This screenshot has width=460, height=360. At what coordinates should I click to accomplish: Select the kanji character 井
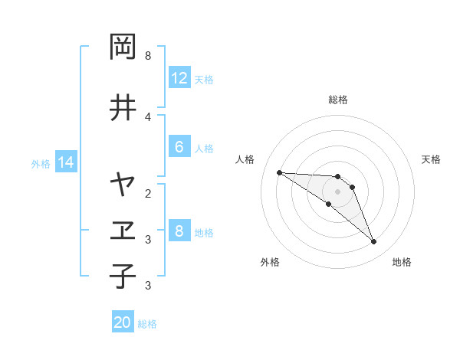click(x=123, y=107)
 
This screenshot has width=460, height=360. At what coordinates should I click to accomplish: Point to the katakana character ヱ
click(x=123, y=230)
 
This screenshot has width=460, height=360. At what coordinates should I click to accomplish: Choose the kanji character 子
click(x=123, y=277)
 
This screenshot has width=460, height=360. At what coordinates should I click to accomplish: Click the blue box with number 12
click(x=179, y=78)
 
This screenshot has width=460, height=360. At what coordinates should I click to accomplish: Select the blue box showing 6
click(x=179, y=148)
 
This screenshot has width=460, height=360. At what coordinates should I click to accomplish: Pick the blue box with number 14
click(x=65, y=162)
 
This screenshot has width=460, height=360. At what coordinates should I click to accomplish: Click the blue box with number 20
click(x=123, y=323)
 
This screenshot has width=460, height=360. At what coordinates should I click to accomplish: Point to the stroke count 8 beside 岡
click(x=147, y=56)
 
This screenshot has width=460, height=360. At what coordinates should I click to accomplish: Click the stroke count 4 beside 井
click(x=147, y=116)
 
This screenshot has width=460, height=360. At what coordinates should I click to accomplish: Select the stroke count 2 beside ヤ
click(x=147, y=193)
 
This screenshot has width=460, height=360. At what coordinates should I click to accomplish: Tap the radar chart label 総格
click(x=337, y=100)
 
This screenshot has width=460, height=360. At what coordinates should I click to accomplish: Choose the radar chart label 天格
click(x=431, y=159)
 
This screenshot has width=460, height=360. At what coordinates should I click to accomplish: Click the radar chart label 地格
click(x=402, y=262)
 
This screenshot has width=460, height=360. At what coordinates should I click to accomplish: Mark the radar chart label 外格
click(x=270, y=262)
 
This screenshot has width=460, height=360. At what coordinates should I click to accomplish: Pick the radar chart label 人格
click(x=245, y=159)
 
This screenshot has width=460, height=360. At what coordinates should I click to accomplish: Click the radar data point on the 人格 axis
click(x=279, y=172)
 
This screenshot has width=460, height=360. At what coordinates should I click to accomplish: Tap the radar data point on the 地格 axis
click(x=373, y=242)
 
